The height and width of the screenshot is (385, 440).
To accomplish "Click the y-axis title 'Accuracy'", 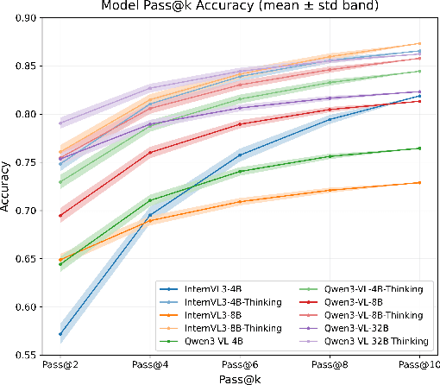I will pos(8,187).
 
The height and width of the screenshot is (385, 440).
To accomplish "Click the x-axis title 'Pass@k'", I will pos(239,378).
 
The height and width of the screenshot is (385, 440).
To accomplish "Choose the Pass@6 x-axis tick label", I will pos(239,366).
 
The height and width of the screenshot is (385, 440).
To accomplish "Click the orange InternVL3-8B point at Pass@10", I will pos(419,182).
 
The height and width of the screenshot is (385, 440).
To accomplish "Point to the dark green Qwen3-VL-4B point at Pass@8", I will pos(330,156).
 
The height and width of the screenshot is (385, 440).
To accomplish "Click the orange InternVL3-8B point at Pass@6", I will pos(239,202).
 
